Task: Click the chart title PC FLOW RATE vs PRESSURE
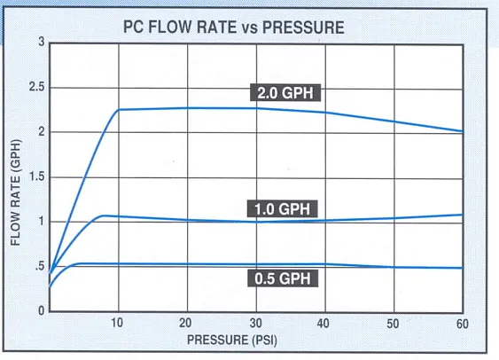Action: pos(233,27)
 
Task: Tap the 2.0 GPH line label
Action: pos(286,93)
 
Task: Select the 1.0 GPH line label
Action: pos(277,209)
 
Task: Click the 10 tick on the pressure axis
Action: pos(118,324)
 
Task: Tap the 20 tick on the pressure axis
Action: pos(187,324)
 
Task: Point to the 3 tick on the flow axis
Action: pos(41,43)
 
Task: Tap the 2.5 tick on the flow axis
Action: pos(35,87)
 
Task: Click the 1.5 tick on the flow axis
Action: pos(35,176)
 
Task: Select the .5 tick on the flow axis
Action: pos(37,266)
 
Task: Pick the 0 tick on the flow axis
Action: pos(41,310)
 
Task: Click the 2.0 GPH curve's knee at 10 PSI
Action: pos(119,110)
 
